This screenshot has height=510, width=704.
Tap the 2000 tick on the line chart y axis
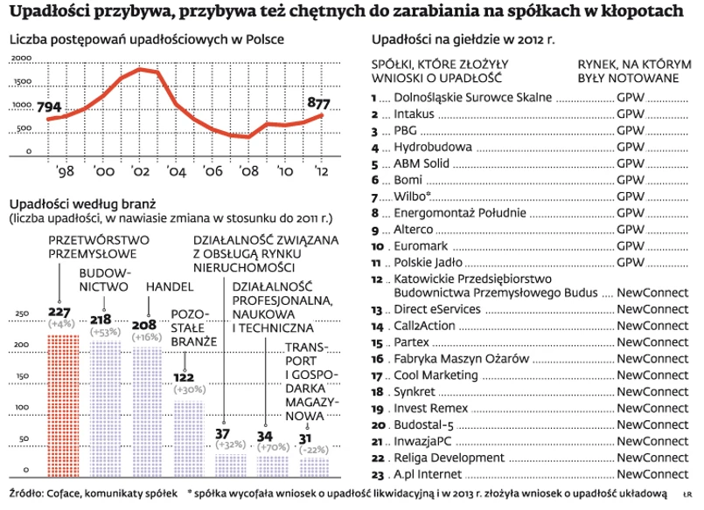coord(20,59)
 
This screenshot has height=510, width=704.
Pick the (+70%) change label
coord(266,447)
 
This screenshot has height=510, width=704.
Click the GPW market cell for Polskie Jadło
coord(631,262)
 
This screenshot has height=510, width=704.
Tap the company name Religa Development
coord(450,458)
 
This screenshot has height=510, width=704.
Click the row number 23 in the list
coord(378,475)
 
